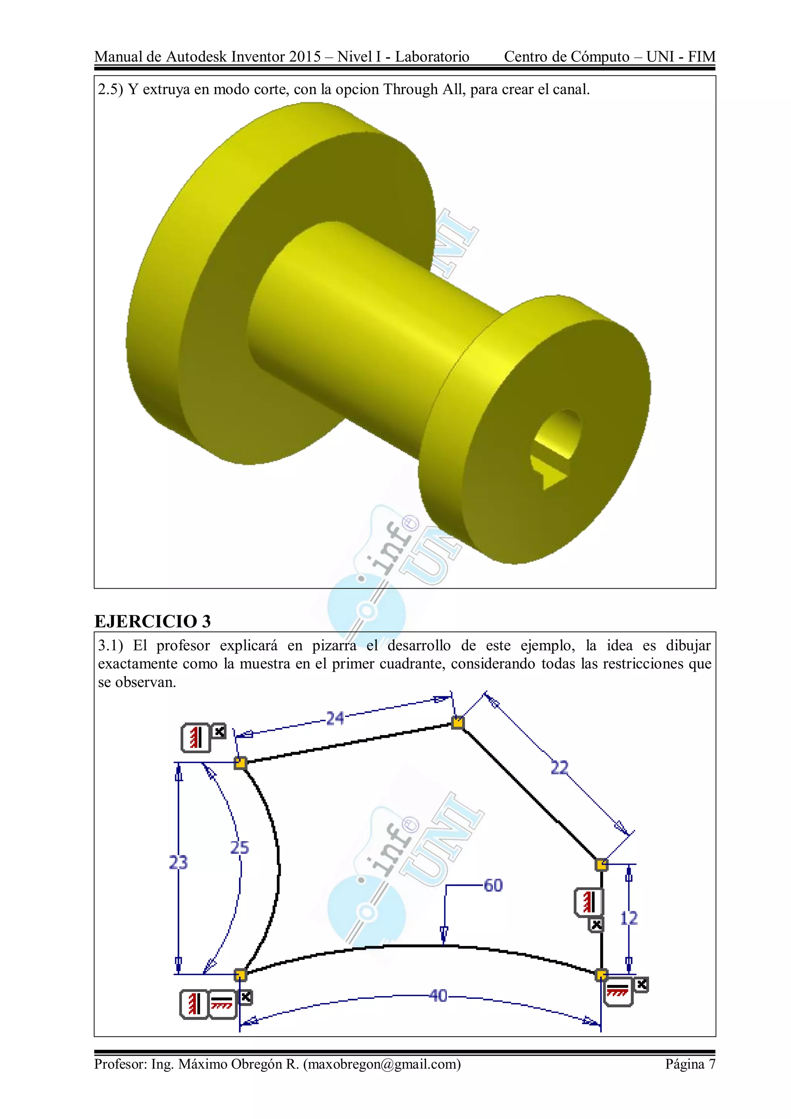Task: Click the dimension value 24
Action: [x=335, y=718]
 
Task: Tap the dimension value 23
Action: [x=178, y=862]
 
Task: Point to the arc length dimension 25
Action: [x=240, y=847]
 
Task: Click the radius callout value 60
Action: [x=493, y=885]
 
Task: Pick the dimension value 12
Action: [x=629, y=918]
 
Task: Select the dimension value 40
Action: [x=438, y=995]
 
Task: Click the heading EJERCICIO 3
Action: [x=153, y=621]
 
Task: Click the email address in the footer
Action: [x=382, y=1064]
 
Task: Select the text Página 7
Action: [x=690, y=1064]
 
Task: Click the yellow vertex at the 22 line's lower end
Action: [x=601, y=864]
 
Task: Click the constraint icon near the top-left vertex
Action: [x=196, y=737]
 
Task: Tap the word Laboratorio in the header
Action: [x=432, y=57]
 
